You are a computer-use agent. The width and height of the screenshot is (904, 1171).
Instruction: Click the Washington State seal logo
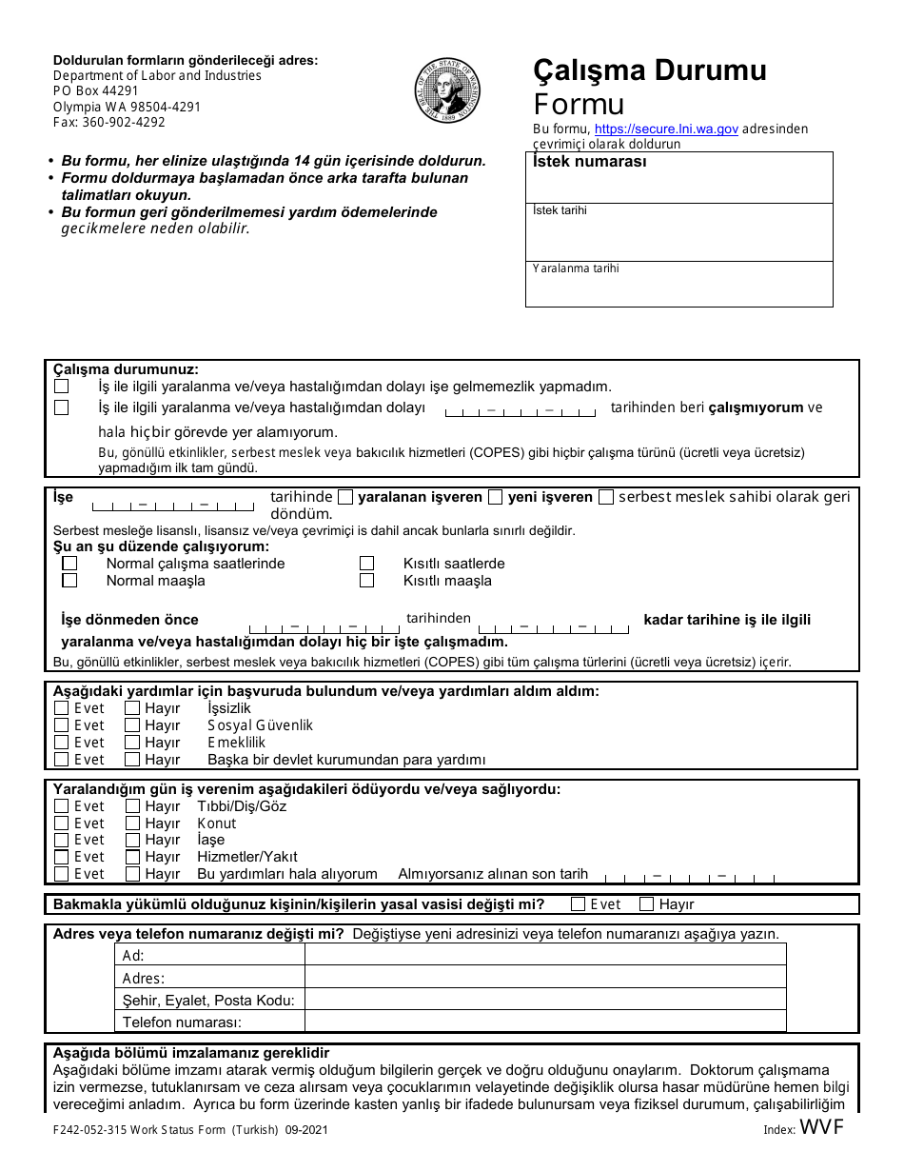447,90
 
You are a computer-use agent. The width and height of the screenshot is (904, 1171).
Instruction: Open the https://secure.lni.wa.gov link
666,129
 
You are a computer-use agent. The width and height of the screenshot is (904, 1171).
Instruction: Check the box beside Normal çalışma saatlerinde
69,564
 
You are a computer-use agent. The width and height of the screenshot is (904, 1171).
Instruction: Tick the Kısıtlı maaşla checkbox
366,581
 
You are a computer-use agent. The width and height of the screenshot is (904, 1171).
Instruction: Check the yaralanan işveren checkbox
345,497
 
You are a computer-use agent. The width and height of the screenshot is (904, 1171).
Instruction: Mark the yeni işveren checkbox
495,497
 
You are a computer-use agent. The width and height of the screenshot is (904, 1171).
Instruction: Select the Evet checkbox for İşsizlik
62,708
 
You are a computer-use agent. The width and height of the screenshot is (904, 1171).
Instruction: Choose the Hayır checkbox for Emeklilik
132,743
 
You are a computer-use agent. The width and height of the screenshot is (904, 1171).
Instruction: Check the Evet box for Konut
62,824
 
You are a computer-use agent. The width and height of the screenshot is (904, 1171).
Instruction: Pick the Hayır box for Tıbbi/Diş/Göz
132,806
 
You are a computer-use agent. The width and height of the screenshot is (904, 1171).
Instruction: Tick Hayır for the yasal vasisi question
647,904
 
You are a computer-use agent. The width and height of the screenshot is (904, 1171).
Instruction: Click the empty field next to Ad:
545,955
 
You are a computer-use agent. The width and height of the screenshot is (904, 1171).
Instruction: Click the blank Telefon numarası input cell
545,1022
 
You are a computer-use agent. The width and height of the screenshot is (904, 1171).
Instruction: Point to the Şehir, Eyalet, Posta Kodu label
208,1000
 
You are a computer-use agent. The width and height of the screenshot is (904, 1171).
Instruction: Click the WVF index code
822,1128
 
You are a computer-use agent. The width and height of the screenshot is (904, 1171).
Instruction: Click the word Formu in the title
579,104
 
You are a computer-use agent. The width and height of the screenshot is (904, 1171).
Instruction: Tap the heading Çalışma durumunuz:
126,368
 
